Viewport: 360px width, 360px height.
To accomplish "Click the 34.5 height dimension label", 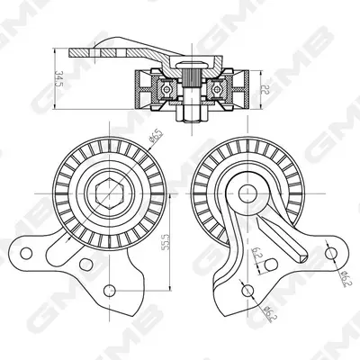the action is [59, 78].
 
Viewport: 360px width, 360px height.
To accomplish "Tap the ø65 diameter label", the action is [156, 136].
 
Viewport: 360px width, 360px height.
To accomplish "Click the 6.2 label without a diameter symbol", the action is [256, 253].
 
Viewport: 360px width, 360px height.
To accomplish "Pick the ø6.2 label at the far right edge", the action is [346, 277].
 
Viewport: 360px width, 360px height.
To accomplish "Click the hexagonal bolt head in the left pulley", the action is [110, 193].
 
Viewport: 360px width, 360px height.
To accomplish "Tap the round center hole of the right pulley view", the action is [247, 193].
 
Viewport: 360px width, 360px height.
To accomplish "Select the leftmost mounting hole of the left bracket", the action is [26, 254].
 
